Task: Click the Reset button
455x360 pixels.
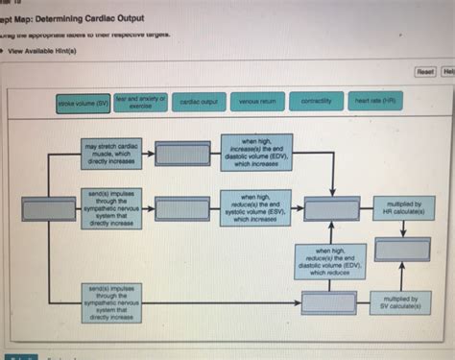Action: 424,70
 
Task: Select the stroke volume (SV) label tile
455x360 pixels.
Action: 84,102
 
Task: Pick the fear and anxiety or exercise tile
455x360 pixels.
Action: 140,100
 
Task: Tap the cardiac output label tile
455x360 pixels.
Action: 201,101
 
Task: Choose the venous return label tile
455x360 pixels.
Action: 258,101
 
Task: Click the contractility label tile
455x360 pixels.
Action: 317,101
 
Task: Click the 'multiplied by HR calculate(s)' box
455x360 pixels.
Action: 403,208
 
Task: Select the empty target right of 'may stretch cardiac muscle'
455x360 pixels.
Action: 182,154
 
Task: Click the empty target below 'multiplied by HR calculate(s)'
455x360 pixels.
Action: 402,251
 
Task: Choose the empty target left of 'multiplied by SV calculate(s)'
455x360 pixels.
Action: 329,302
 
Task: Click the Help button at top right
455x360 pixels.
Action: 448,70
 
